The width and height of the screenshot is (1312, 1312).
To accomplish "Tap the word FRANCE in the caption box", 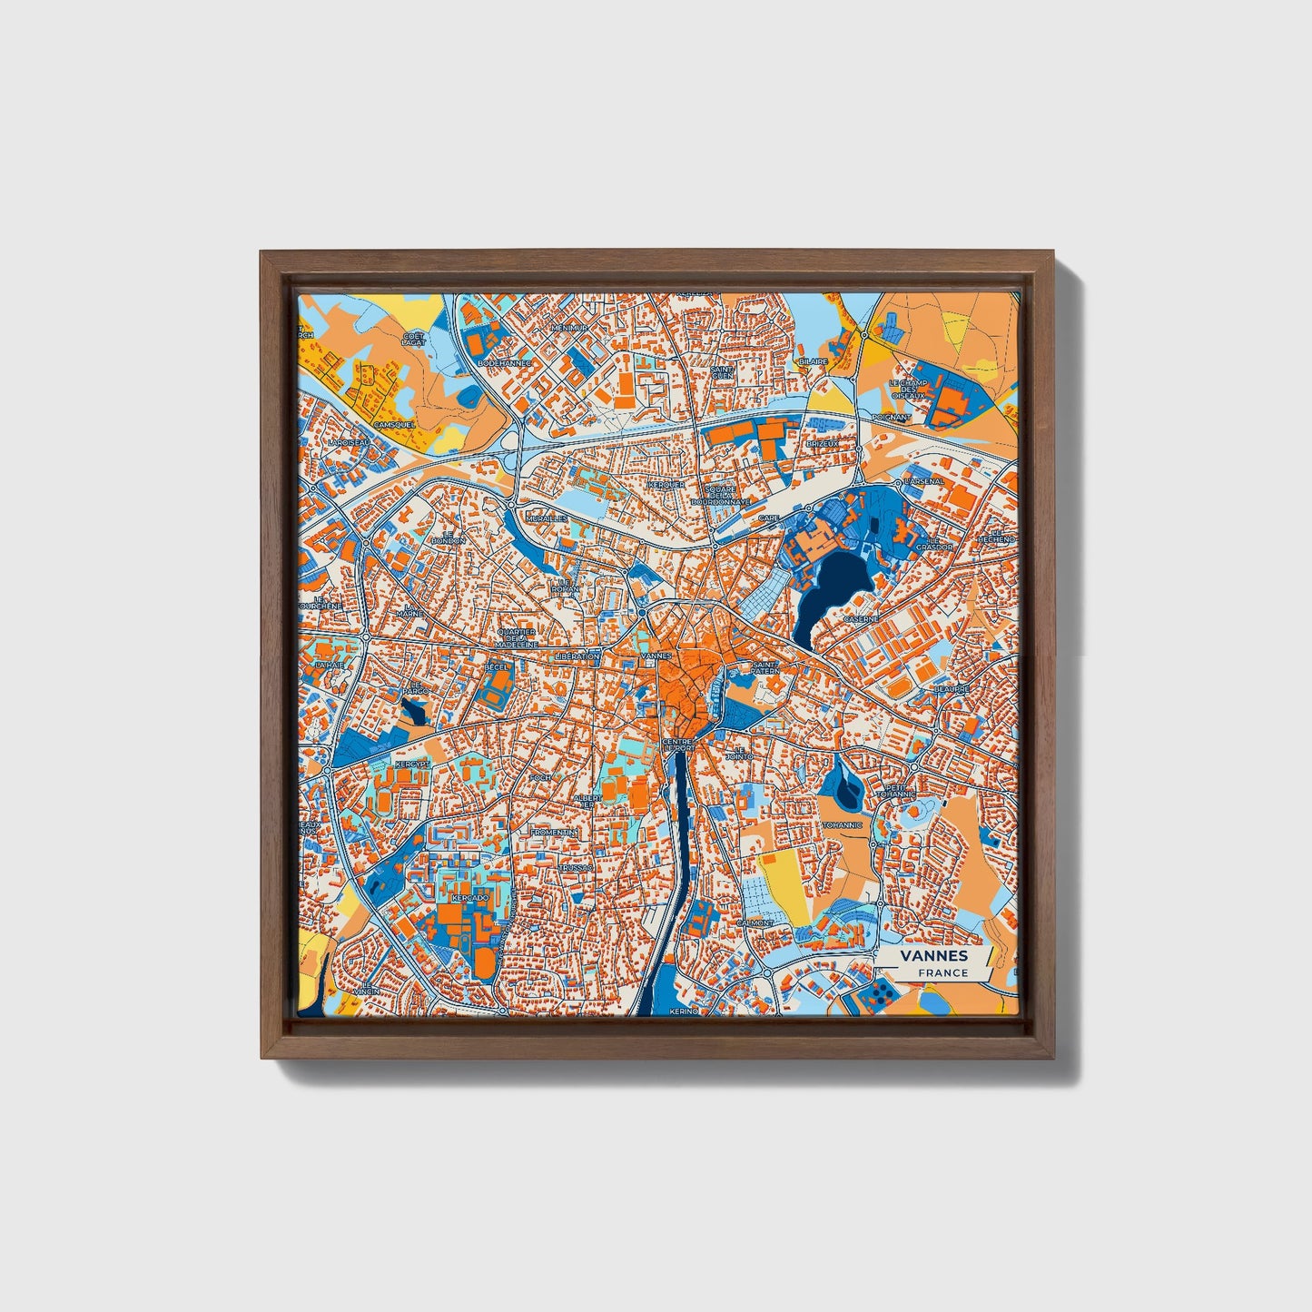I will point(942,973).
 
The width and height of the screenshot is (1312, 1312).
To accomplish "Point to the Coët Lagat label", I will point(413,339).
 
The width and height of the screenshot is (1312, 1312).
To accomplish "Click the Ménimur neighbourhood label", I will point(569,327).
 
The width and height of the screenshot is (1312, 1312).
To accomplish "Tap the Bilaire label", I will point(814,361).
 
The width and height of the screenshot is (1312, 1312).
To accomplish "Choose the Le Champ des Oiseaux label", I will point(907,389).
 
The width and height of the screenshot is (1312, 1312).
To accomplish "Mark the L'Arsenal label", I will point(924,480).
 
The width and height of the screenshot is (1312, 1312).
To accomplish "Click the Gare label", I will point(769,518).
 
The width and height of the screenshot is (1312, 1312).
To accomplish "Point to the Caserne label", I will point(861,618).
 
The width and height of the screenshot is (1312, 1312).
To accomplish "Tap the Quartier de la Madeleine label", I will point(516,637).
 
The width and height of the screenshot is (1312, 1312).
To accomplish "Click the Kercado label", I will point(469,897).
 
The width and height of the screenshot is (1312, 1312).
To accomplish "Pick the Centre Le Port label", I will point(679,745).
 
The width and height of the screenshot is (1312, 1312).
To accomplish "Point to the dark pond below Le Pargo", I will point(413,712).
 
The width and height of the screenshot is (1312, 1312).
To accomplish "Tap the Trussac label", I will point(575,867).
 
